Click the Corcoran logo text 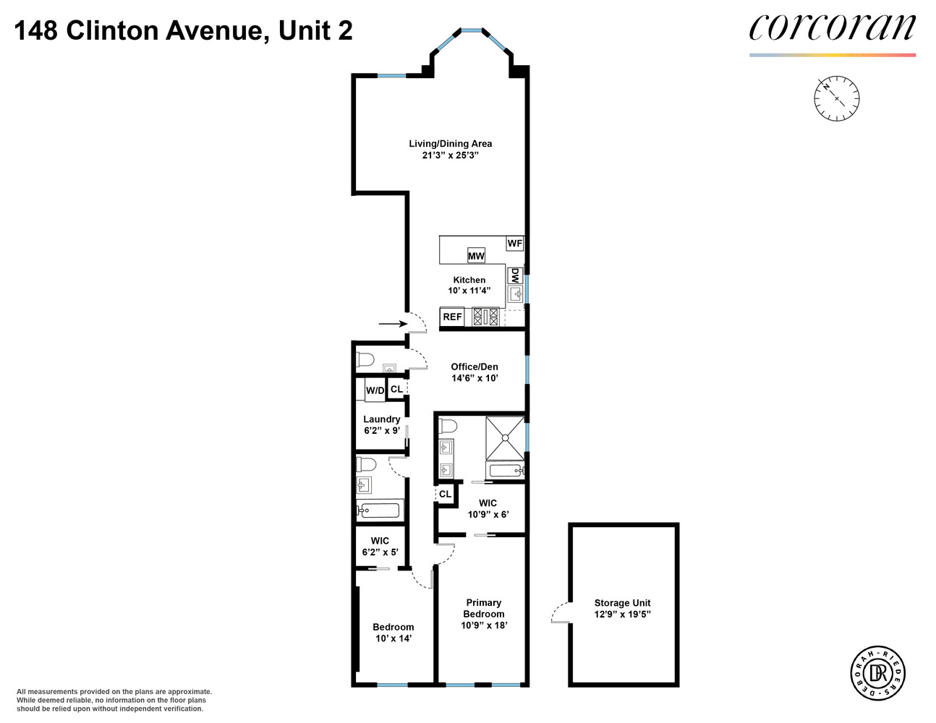(x=832, y=29)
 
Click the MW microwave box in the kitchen (x=476, y=256)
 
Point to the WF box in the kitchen (x=514, y=244)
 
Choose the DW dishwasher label (x=515, y=275)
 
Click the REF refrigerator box (x=452, y=317)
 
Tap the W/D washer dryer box (x=375, y=390)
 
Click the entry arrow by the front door (x=393, y=324)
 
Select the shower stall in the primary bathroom (x=505, y=438)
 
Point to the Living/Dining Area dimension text (x=451, y=155)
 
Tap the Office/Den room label (x=475, y=367)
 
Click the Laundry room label (x=381, y=419)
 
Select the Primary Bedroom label (x=484, y=608)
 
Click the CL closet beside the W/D (x=396, y=389)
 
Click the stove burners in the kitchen (x=485, y=317)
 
